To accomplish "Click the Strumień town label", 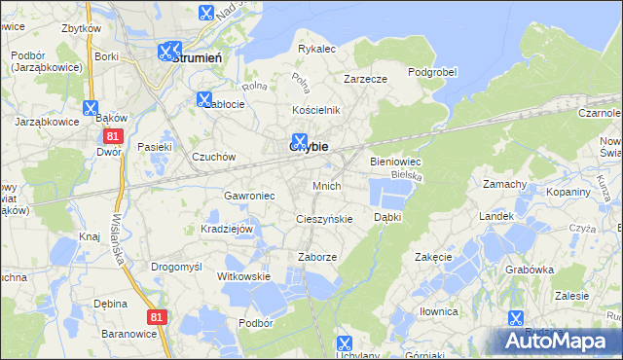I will pyautogui.click(x=200, y=57).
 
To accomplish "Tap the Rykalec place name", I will pyautogui.click(x=316, y=48).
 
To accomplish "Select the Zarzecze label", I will pyautogui.click(x=366, y=79).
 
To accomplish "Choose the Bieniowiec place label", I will pyautogui.click(x=394, y=162).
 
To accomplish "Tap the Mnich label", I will pyautogui.click(x=326, y=185).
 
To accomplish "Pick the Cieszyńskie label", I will pyautogui.click(x=324, y=219).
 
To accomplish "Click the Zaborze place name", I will pyautogui.click(x=317, y=257).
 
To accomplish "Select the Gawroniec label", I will pyautogui.click(x=250, y=196).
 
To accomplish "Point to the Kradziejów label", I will pyautogui.click(x=227, y=229).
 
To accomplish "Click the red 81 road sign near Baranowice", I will pyautogui.click(x=158, y=317).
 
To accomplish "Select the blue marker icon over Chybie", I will pyautogui.click(x=301, y=140).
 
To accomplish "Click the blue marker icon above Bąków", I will pyautogui.click(x=92, y=108).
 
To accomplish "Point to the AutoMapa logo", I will pyautogui.click(x=560, y=341).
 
